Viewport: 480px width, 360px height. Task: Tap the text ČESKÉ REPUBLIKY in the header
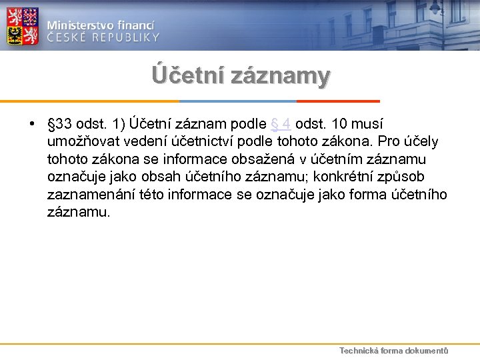(x=103, y=37)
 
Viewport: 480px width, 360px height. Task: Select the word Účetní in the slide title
(x=188, y=75)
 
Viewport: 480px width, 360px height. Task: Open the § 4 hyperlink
(x=281, y=125)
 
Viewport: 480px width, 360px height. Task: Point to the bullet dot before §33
(x=32, y=125)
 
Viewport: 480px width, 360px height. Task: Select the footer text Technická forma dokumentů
(x=393, y=351)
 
